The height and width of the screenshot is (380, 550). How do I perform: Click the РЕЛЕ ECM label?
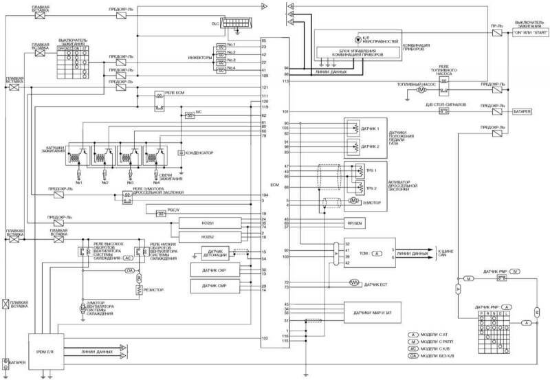[175, 91]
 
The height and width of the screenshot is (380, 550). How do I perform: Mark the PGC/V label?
[173, 210]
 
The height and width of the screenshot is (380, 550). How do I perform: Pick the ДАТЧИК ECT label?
[377, 283]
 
